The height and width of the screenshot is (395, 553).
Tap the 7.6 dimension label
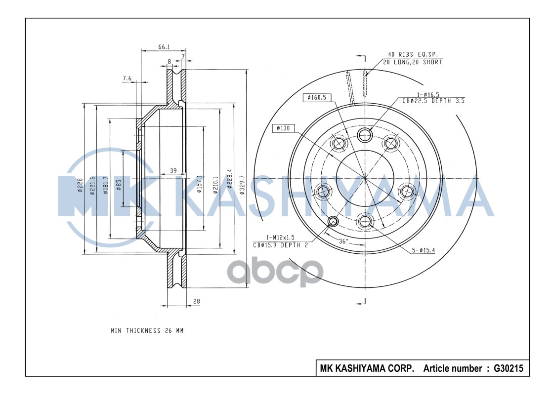coord(127,78)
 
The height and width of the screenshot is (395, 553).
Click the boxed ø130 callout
coord(284,128)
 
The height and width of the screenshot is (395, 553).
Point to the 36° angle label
coord(343,241)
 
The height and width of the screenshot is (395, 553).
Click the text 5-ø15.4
coord(423,250)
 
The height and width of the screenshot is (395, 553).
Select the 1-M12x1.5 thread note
coord(279,237)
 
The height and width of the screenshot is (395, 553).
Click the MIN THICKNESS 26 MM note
coord(147,330)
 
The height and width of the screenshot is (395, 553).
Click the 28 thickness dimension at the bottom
coord(196,301)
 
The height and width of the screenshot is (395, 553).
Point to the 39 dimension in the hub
coord(173,170)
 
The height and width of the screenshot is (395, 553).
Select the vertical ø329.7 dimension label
coord(242,185)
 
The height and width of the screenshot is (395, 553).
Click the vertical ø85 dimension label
coord(119,185)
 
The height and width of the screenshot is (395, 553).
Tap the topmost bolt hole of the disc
coord(365,134)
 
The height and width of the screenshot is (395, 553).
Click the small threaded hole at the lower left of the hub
coord(333,221)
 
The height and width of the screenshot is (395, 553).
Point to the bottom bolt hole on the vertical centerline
coord(365,221)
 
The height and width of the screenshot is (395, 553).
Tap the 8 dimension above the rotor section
coord(169,62)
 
